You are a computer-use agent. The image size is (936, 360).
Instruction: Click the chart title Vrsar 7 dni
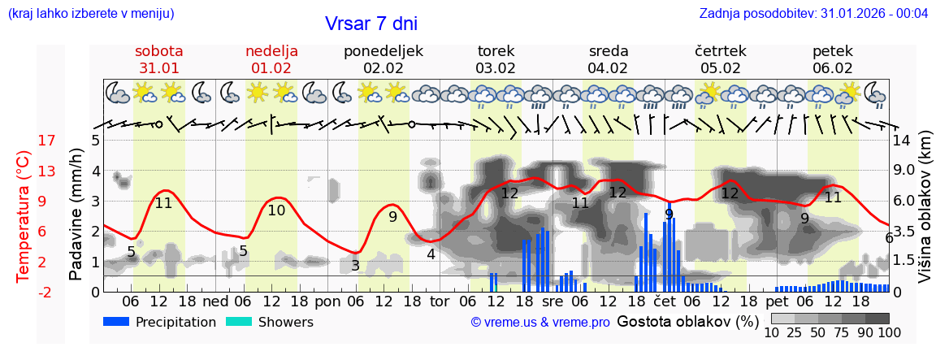371,24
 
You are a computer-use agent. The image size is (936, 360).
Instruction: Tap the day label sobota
159,51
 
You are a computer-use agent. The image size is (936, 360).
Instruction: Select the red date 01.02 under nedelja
271,68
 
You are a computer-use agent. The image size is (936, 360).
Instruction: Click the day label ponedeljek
383,51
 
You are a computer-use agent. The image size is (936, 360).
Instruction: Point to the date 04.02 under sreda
609,68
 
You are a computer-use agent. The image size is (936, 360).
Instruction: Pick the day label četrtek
721,51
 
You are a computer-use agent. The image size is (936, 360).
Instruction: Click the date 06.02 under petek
833,68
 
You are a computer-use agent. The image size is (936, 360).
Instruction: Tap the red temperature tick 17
24,141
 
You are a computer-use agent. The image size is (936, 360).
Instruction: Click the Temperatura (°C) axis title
24,215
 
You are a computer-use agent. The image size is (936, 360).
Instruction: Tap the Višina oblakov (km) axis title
925,215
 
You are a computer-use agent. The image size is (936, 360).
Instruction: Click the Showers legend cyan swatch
240,322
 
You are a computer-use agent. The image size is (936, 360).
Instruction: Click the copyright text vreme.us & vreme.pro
540,322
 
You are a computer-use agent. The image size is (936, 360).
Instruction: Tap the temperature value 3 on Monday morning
355,265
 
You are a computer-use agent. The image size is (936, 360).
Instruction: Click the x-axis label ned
215,301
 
